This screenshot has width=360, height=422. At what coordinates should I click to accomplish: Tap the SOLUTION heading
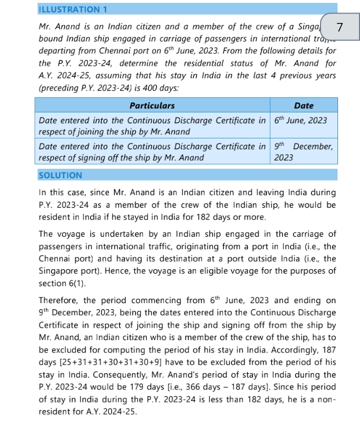(60, 175)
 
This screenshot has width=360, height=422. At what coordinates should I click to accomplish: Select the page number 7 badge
(340, 27)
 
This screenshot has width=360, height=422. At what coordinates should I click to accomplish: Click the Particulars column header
(152, 105)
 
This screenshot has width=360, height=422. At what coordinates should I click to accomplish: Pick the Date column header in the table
(304, 105)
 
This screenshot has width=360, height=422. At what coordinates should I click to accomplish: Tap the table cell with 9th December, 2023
(303, 152)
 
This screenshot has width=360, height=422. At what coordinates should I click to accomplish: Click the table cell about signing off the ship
(152, 152)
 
